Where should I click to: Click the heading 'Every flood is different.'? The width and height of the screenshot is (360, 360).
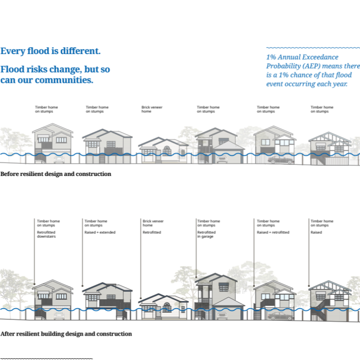50,51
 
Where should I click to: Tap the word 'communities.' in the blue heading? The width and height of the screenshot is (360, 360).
64,80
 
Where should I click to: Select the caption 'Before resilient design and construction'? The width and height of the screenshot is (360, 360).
56,174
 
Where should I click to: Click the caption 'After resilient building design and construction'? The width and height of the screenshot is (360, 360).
66,334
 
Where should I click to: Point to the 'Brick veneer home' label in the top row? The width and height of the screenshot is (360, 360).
152,109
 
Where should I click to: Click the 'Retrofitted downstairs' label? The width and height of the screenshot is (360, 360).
46,234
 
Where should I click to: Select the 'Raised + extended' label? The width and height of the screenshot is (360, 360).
100,232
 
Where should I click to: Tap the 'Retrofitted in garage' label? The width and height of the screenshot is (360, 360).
207,234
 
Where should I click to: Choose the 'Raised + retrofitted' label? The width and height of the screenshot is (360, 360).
273,232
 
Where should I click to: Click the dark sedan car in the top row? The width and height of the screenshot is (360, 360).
281,160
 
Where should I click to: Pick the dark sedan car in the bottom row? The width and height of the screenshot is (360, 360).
281,316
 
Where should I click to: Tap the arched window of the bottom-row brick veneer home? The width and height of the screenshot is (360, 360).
166,307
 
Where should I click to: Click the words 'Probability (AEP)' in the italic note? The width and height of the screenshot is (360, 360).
293,66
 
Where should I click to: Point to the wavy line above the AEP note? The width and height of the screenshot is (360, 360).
313,48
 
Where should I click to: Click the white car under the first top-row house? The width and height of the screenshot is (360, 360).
59,159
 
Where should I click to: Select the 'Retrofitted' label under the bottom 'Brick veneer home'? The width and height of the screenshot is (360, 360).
152,232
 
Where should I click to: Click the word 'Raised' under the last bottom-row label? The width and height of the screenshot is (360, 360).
316,232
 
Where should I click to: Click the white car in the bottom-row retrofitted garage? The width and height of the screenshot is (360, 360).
222,316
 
